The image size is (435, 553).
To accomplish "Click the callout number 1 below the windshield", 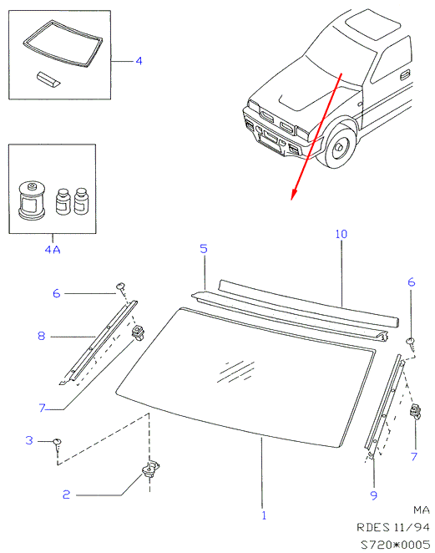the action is (264, 515).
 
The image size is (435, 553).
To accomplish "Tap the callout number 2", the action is (66, 495).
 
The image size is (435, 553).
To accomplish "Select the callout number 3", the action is (29, 440).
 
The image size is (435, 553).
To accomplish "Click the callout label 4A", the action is (53, 250).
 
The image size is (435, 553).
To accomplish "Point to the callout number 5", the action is (204, 249).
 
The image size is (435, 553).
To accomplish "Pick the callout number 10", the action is (341, 234).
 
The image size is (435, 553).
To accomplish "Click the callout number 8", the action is (41, 336).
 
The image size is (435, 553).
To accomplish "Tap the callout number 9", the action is (374, 495).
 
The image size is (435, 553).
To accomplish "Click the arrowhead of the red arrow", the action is (293, 195).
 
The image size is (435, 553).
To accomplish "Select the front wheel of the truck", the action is (338, 147).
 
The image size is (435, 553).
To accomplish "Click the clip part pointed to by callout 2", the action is (150, 469).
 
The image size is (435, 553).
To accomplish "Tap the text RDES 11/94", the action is (393, 527).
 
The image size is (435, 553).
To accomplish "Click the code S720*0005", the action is (395, 544).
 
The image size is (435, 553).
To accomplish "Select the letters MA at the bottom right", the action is (422, 510).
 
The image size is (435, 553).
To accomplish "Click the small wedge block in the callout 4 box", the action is (48, 79).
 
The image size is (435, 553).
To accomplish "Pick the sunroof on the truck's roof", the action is (373, 24).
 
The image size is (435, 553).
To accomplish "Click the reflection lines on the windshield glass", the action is (235, 372).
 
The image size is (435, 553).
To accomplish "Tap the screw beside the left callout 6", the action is (121, 287).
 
